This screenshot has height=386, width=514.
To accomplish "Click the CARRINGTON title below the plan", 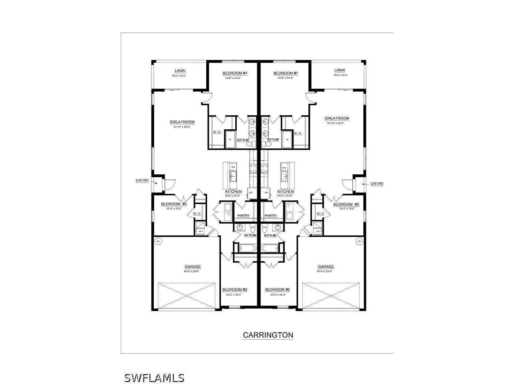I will [268, 335].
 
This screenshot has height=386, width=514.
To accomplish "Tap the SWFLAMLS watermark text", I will [154, 378].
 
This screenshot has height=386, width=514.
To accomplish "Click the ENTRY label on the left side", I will [142, 181].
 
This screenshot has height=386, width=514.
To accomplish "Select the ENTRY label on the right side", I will [377, 184].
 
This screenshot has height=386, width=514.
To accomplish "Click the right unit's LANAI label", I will [339, 70].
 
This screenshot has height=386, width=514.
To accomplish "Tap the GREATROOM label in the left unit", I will [182, 122].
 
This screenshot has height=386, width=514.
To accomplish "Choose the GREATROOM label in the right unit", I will [337, 118].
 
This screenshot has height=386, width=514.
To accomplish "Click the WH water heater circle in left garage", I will [158, 241].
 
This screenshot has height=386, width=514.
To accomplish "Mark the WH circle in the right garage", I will [359, 241].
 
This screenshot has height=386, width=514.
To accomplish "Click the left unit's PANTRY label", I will [243, 216].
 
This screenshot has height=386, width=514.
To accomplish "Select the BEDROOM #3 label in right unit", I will [346, 204].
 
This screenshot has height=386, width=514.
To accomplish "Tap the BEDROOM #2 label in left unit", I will [235, 290].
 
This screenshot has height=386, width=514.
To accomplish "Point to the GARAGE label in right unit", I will [326, 267].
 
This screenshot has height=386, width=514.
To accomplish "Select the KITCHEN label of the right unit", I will [285, 192].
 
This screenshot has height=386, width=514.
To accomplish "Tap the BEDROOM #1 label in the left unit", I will [235, 73].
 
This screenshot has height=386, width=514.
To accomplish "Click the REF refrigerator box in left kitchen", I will [251, 192].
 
